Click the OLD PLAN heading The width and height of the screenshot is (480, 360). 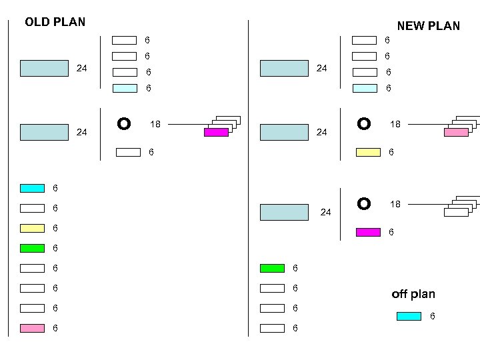click(55, 22)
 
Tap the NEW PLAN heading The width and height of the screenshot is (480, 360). click(428, 26)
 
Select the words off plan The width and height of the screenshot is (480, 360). click(413, 294)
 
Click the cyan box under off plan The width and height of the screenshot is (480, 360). click(409, 316)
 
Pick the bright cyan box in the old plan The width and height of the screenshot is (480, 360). click(32, 189)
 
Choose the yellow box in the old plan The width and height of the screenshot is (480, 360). click(32, 228)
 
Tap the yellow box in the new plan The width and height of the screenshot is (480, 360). click(368, 152)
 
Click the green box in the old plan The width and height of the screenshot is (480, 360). click(32, 248)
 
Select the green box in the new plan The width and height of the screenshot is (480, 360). click(272, 268)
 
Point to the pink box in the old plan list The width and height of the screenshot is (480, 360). click(32, 328)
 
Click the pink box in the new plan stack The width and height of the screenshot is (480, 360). click(456, 133)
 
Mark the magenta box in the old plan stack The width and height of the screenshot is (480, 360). click(216, 133)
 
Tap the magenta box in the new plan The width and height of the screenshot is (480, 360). click(368, 232)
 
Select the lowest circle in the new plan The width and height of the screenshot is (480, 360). click(363, 203)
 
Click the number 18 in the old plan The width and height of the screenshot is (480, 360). click(155, 124)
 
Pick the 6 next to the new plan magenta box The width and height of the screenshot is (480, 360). click(391, 233)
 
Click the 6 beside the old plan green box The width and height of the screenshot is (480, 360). click(55, 248)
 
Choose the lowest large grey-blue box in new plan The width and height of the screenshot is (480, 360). click(284, 212)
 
